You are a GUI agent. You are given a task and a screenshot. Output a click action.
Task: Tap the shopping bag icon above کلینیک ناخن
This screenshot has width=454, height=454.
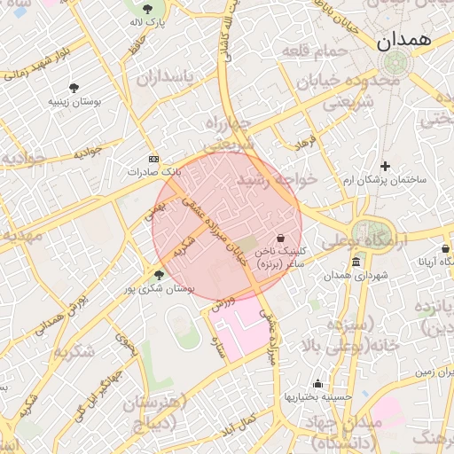click(x=281, y=238)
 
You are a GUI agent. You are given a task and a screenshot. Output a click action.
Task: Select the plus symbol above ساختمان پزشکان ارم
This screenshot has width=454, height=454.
click(x=385, y=166)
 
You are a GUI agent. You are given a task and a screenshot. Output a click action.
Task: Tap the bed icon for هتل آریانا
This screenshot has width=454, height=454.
click(x=445, y=249)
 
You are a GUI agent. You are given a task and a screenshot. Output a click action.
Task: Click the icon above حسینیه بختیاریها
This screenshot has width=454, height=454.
click(x=317, y=383)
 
